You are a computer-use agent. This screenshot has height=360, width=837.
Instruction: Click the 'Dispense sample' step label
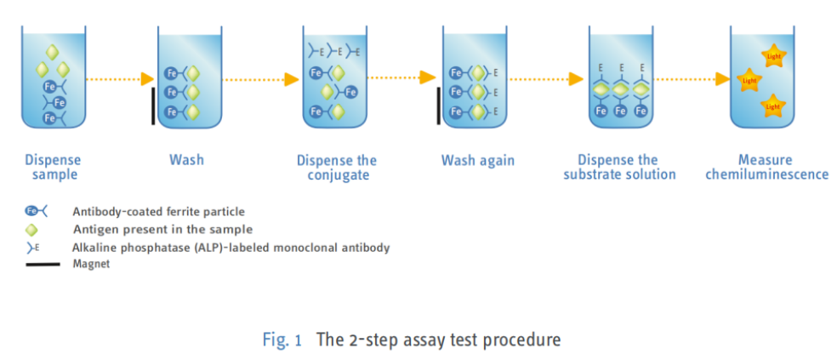pyautogui.click(x=53, y=167)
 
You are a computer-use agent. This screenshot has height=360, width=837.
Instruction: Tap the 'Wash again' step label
pyautogui.click(x=478, y=160)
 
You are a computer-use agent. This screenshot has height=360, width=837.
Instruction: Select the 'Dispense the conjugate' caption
pyautogui.click(x=337, y=168)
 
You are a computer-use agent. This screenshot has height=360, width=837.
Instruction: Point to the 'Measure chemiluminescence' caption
pyautogui.click(x=767, y=167)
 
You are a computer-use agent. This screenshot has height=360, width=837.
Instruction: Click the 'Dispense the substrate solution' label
pyautogui.click(x=619, y=167)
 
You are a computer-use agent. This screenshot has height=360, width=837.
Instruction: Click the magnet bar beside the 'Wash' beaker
pyautogui.click(x=153, y=106)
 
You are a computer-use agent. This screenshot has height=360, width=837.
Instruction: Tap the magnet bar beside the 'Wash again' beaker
pyautogui.click(x=438, y=106)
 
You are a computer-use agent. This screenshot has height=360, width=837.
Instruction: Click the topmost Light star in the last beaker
pyautogui.click(x=772, y=56)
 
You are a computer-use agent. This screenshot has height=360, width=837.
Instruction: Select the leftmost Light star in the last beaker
pyautogui.click(x=749, y=80)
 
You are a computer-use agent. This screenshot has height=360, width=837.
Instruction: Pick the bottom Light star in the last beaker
pyautogui.click(x=773, y=106)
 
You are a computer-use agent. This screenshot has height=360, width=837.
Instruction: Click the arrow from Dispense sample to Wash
pyautogui.click(x=120, y=80)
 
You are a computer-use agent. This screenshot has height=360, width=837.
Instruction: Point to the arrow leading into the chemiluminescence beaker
pyautogui.click(x=692, y=80)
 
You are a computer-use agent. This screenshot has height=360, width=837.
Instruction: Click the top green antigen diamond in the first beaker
pyautogui.click(x=52, y=53)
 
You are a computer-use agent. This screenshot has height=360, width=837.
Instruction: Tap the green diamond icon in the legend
pyautogui.click(x=32, y=230)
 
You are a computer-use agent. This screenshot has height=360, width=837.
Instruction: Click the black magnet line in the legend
pyautogui.click(x=43, y=264)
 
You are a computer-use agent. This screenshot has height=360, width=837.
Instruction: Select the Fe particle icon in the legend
pyautogui.click(x=37, y=212)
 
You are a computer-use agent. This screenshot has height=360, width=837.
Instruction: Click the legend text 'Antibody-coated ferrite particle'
pyautogui.click(x=158, y=212)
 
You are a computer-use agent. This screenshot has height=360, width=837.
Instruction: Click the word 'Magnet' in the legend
pyautogui.click(x=91, y=264)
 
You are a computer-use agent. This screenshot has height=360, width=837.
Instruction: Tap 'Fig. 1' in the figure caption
pyautogui.click(x=282, y=340)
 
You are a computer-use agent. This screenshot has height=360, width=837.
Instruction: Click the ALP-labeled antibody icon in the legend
pyautogui.click(x=33, y=248)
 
